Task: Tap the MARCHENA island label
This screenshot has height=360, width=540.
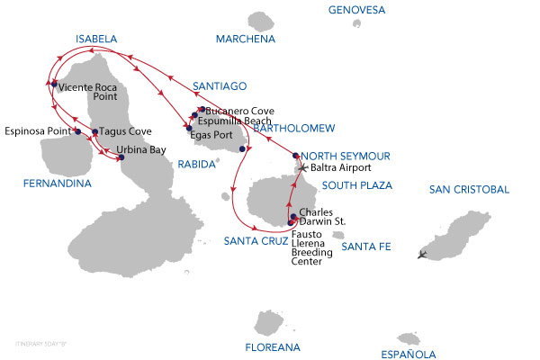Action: point(245,39)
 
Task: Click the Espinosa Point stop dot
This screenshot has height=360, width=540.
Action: point(78,131)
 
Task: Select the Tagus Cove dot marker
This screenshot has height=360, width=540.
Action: point(95,131)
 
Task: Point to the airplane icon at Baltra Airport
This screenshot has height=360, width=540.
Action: point(303,167)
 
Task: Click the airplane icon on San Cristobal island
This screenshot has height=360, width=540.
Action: point(423,254)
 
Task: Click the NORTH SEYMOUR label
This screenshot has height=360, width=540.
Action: point(346,155)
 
